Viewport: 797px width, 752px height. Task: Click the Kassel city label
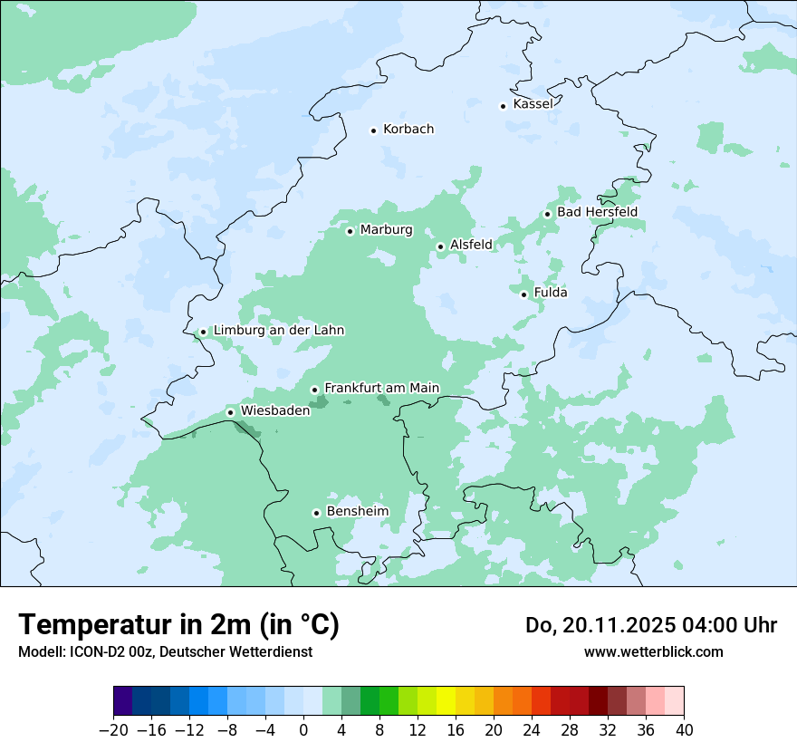[533, 104]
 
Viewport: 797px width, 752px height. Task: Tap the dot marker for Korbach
[373, 130]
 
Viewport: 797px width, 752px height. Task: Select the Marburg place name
[386, 230]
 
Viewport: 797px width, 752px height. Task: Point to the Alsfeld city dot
[440, 246]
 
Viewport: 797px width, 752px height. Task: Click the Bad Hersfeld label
[597, 212]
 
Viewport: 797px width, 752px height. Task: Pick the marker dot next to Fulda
[523, 294]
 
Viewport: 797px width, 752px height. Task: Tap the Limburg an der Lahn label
[279, 331]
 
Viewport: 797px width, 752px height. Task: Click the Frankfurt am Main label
[381, 388]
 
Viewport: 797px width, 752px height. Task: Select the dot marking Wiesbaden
[230, 413]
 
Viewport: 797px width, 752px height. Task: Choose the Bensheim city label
[357, 511]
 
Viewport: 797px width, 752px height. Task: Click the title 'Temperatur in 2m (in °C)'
[178, 624]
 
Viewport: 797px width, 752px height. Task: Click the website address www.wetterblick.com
[653, 651]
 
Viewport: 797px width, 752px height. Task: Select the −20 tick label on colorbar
[113, 730]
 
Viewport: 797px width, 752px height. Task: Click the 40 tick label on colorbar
[684, 730]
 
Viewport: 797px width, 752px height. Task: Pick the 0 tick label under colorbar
[303, 730]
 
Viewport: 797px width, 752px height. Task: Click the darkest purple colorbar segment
[123, 701]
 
